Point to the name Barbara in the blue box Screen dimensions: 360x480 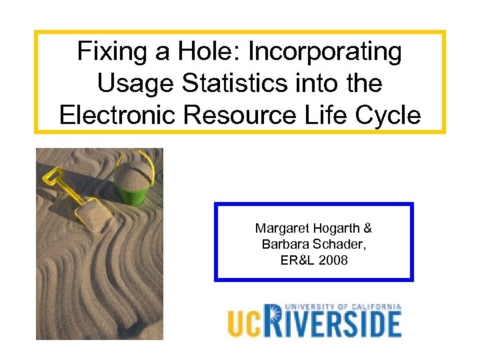pos(283,245)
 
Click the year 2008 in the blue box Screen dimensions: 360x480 pos(333,261)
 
